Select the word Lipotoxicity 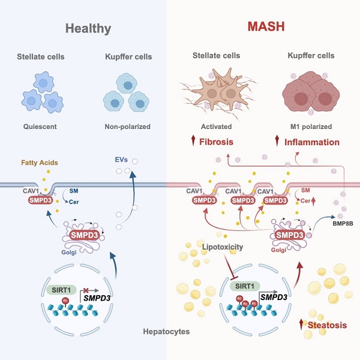point(221,230)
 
